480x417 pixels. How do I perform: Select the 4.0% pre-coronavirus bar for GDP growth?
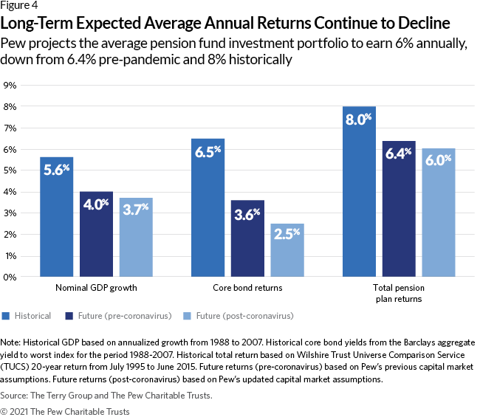[x=96, y=234]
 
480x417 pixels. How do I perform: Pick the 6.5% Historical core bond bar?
[x=208, y=207]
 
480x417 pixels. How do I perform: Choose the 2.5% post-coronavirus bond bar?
[x=287, y=250]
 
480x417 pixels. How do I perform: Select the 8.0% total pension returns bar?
[x=359, y=192]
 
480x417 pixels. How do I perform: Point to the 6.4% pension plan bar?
[x=399, y=209]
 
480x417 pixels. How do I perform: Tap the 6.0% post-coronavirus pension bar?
[x=439, y=213]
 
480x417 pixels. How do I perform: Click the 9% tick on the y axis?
[x=11, y=86]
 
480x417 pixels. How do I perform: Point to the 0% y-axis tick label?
[x=11, y=278]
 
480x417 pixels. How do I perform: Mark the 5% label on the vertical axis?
[x=11, y=171]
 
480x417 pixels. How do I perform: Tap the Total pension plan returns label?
[x=399, y=294]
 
